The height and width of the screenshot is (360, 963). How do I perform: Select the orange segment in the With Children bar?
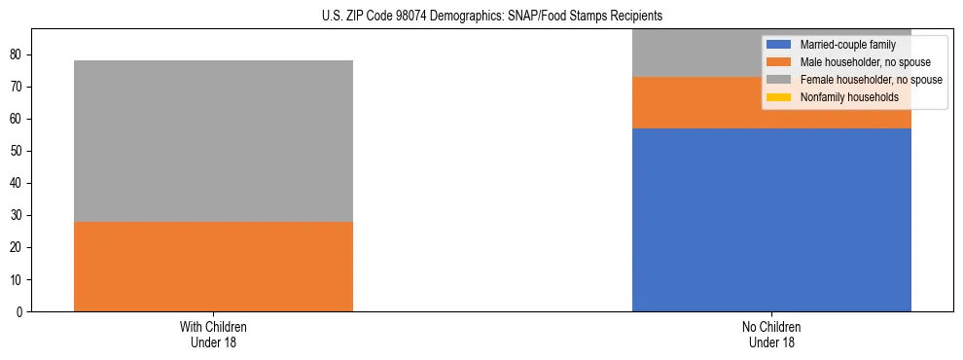click(213, 267)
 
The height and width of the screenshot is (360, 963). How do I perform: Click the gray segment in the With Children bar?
click(213, 141)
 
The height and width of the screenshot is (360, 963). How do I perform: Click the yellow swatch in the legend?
click(779, 97)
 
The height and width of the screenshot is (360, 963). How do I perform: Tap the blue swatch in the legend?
click(779, 45)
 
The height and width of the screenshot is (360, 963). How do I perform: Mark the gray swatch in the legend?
click(779, 80)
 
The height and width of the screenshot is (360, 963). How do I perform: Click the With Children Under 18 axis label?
click(213, 335)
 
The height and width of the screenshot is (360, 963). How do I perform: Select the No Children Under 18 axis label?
click(771, 335)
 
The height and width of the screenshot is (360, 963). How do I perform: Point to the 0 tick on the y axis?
click(21, 312)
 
